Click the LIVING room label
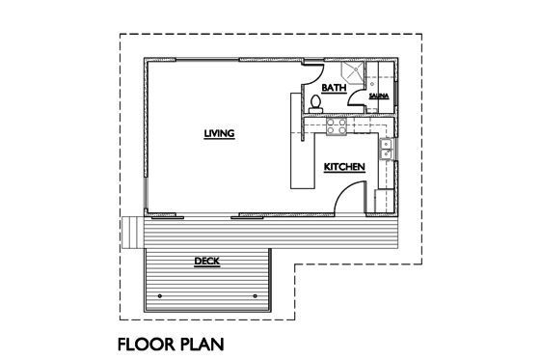pos(220,133)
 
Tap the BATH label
pos(334,88)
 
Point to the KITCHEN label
pos(344,167)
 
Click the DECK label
pos(206,260)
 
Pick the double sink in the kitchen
pos(385,150)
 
